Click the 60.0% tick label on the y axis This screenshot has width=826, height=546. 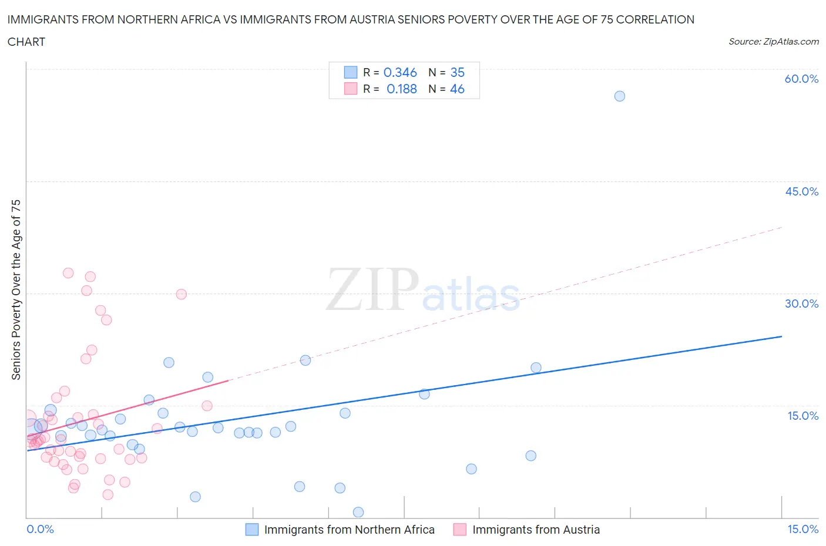(801, 79)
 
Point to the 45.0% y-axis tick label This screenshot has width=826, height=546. (801, 191)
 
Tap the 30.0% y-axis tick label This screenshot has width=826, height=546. (801, 304)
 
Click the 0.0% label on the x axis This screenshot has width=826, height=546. (40, 529)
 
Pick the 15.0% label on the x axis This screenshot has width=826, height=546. (803, 529)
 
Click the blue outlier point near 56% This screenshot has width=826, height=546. (619, 96)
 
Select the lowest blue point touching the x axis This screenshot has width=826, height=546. (358, 512)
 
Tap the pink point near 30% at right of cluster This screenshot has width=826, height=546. (182, 294)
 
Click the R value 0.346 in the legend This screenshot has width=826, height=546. (400, 72)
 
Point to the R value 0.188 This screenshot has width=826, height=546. (401, 89)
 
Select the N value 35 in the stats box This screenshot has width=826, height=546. (457, 72)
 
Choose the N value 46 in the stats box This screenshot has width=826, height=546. (457, 89)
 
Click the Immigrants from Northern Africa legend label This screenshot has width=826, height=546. (349, 530)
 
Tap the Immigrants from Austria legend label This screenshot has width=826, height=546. (536, 530)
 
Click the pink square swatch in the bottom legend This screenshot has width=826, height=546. (459, 530)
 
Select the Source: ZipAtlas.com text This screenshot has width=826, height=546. (773, 42)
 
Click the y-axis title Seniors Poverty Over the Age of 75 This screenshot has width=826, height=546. (16, 289)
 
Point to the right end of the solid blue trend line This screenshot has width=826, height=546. (781, 336)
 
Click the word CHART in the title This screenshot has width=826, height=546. (26, 42)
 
